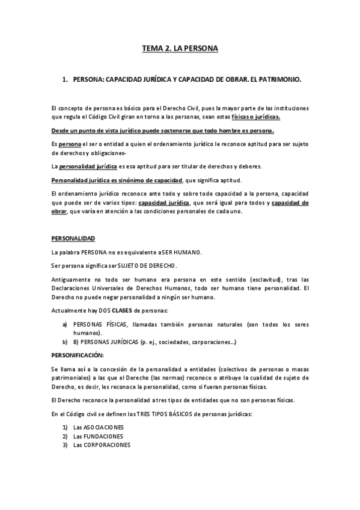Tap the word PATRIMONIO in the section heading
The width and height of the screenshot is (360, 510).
click(x=279, y=79)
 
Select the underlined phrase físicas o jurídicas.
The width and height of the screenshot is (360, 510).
click(x=255, y=117)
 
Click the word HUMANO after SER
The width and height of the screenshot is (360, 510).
click(x=187, y=251)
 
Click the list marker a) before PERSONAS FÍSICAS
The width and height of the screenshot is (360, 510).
click(x=65, y=324)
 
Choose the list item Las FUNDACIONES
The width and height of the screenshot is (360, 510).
click(x=98, y=436)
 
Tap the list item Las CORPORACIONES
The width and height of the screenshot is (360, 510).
click(x=102, y=445)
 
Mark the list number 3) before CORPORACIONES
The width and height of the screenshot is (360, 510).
click(x=65, y=445)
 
